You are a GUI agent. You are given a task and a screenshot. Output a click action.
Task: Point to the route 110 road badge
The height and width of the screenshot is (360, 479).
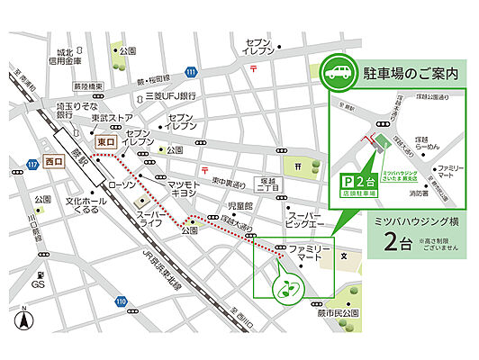tap(121, 301)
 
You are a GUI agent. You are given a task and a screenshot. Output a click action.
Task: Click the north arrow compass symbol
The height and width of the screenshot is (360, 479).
tap(24, 319)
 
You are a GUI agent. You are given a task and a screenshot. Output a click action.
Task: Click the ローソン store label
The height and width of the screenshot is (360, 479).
tap(121, 184)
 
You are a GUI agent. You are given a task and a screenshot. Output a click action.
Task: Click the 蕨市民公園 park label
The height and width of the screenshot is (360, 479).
tap(339, 311)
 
